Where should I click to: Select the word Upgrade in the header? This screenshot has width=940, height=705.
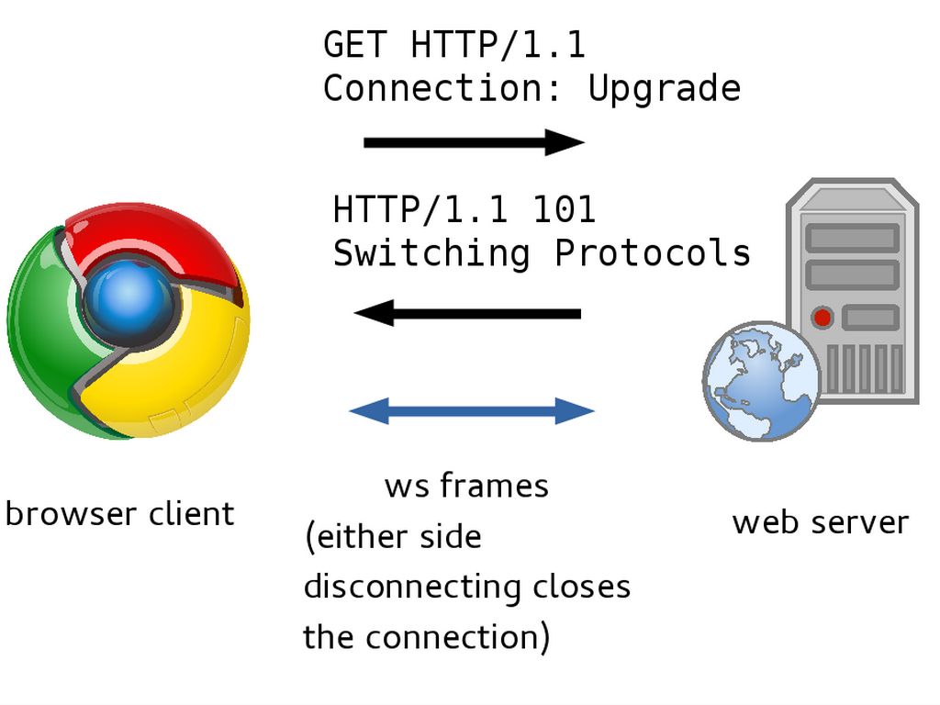(x=664, y=88)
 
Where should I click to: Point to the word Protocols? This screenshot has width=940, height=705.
(x=653, y=252)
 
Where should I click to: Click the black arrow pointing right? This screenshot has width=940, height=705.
(x=474, y=142)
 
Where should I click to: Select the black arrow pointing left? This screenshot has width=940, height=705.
(x=467, y=314)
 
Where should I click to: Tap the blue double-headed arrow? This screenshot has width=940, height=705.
(x=472, y=410)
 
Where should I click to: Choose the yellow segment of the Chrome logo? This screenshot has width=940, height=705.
(x=193, y=367)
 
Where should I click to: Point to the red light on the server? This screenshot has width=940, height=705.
(x=822, y=318)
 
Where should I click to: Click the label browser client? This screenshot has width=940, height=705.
(x=119, y=513)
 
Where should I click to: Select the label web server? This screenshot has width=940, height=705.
(x=820, y=522)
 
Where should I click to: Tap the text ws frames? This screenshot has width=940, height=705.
(x=466, y=486)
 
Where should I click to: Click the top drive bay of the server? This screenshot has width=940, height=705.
(x=851, y=238)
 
